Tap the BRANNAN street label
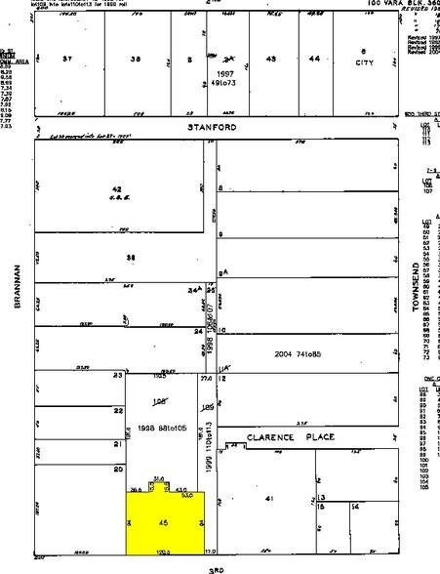click(17, 289)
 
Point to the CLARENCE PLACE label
click(284, 436)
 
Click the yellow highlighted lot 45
click(164, 527)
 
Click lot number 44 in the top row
click(314, 60)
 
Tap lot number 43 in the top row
click(271, 60)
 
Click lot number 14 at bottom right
click(355, 509)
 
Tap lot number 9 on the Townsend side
click(222, 234)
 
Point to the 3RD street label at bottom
click(217, 567)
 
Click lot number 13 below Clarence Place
click(320, 498)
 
